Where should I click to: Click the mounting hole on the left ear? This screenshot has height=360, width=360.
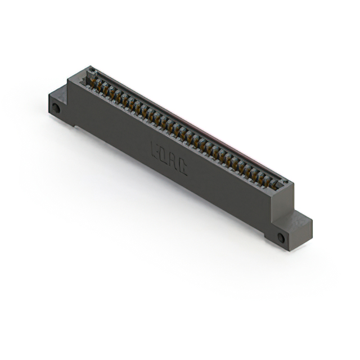click(x=55, y=107)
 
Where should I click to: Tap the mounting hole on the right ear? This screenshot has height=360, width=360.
click(x=281, y=237)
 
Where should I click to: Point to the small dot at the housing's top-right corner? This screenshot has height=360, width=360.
click(x=285, y=182)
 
